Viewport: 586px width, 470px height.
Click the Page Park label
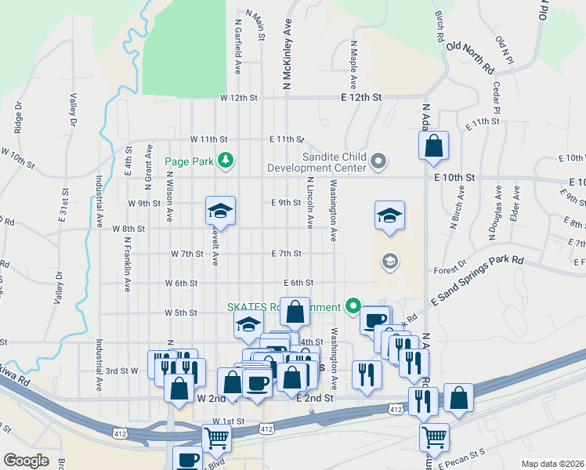[190, 162]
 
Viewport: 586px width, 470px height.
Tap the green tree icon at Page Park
[226, 161]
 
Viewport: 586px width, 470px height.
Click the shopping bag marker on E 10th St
[433, 146]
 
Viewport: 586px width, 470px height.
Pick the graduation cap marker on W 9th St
[221, 211]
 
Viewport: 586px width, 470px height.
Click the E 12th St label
[361, 98]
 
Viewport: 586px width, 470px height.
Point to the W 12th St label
[239, 98]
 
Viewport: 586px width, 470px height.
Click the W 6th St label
[181, 283]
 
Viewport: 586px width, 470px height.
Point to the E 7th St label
[286, 254]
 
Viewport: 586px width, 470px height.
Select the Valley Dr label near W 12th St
[73, 110]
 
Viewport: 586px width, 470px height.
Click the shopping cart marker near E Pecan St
[433, 436]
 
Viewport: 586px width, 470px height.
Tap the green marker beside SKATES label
[353, 306]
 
